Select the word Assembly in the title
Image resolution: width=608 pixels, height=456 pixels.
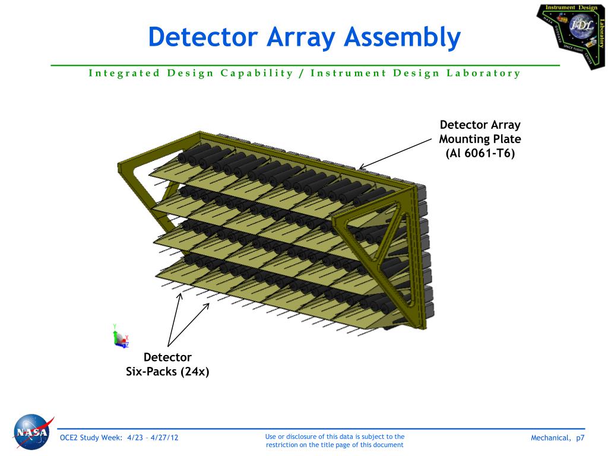[407, 37]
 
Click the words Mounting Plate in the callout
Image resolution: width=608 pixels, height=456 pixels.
[480, 139]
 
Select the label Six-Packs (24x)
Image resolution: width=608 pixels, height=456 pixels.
[167, 372]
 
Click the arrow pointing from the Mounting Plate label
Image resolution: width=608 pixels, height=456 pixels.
[395, 156]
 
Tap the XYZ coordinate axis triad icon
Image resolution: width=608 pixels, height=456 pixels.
[121, 337]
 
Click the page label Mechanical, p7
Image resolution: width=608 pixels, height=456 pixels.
[558, 438]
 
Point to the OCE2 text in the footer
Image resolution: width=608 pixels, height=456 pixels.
[71, 438]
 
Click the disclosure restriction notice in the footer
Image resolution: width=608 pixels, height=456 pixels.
[335, 441]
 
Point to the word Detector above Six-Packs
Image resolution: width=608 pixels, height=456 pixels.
[167, 357]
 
